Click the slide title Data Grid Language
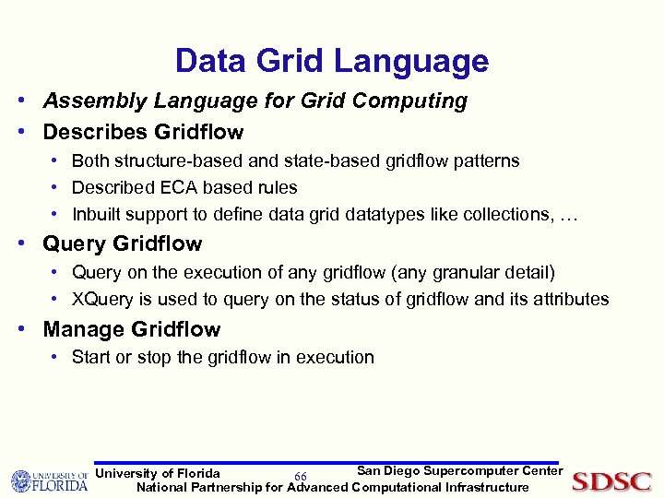point(332,61)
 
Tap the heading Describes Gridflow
point(143,132)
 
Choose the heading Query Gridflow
point(123,244)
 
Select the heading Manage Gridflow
point(132,329)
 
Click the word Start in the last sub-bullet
point(90,357)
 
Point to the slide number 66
point(300,476)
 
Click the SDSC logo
point(611,481)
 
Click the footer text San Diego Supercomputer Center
point(459,471)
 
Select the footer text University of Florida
point(158,473)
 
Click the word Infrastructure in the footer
point(487,487)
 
